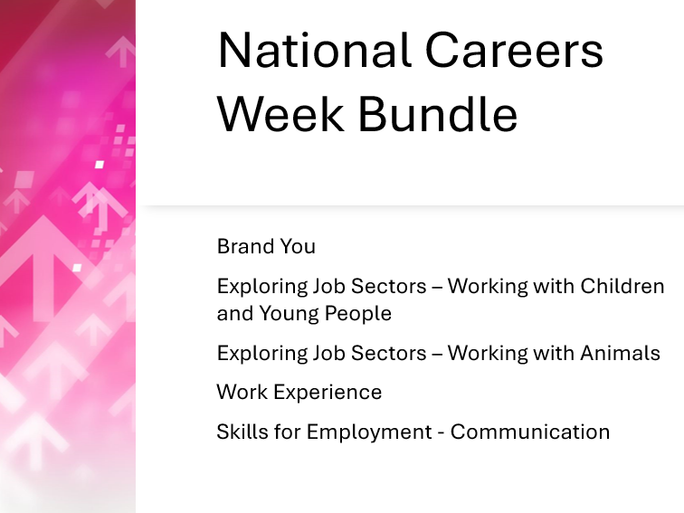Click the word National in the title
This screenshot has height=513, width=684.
(311, 51)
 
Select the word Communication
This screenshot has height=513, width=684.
(530, 432)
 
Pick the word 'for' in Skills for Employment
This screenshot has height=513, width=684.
(287, 432)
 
